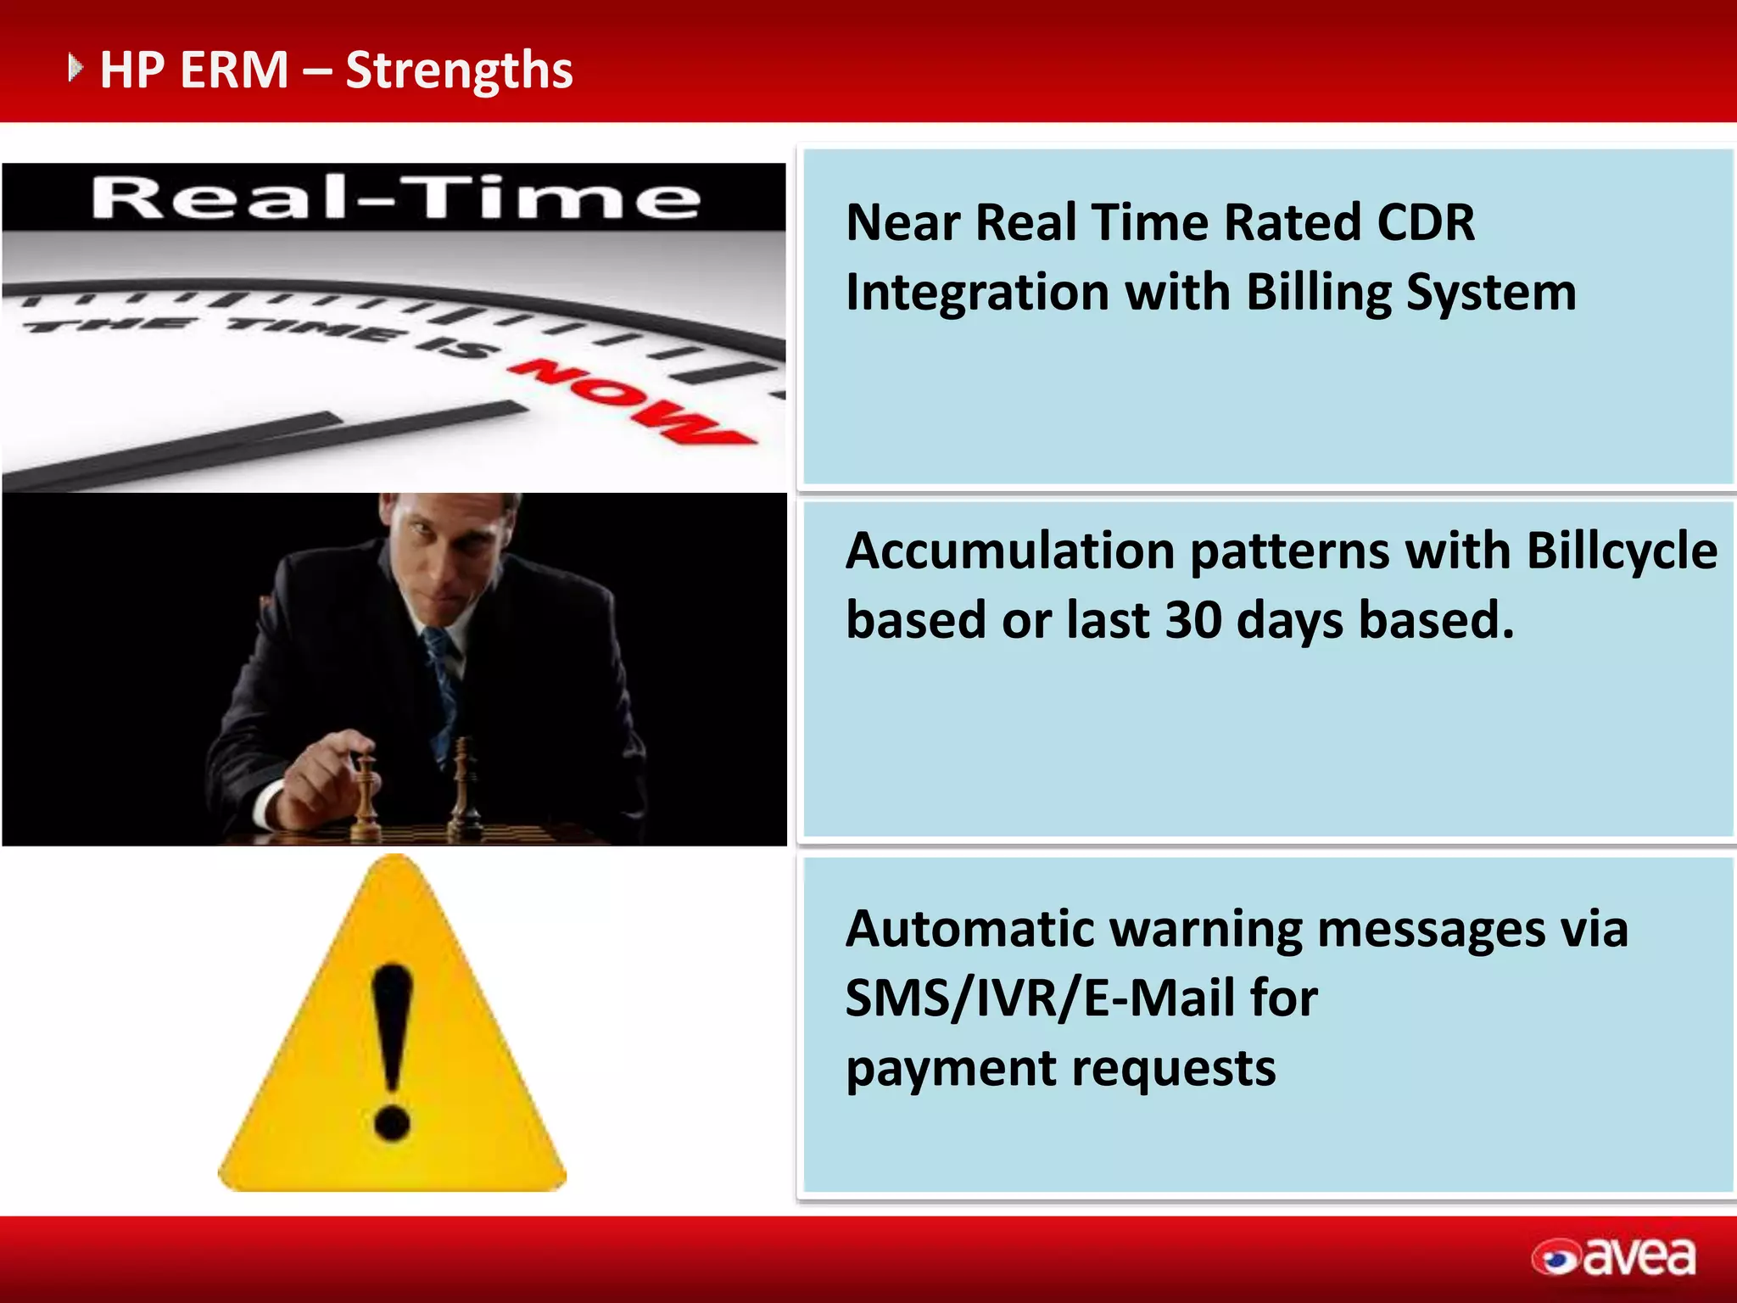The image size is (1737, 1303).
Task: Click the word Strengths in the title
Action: pyautogui.click(x=459, y=71)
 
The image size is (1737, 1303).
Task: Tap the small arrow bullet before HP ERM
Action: pyautogui.click(x=75, y=67)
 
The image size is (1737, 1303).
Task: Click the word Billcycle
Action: pyautogui.click(x=1622, y=551)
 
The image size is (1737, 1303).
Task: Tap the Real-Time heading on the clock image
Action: pyautogui.click(x=395, y=199)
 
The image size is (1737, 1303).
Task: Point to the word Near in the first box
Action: pyautogui.click(x=902, y=223)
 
